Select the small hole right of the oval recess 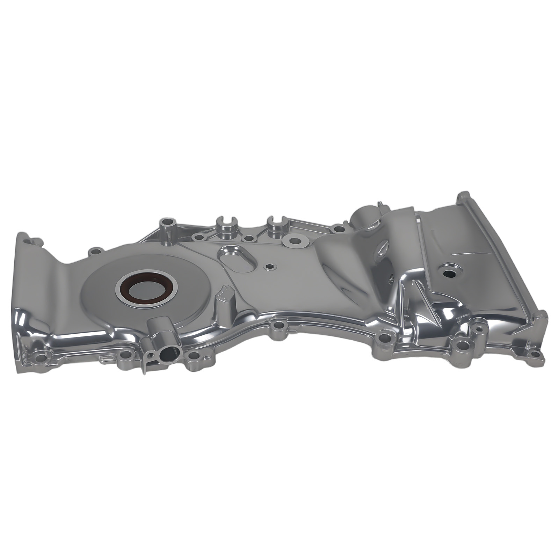(x=269, y=267)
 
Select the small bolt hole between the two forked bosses (x=249, y=239)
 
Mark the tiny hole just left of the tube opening (x=150, y=353)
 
